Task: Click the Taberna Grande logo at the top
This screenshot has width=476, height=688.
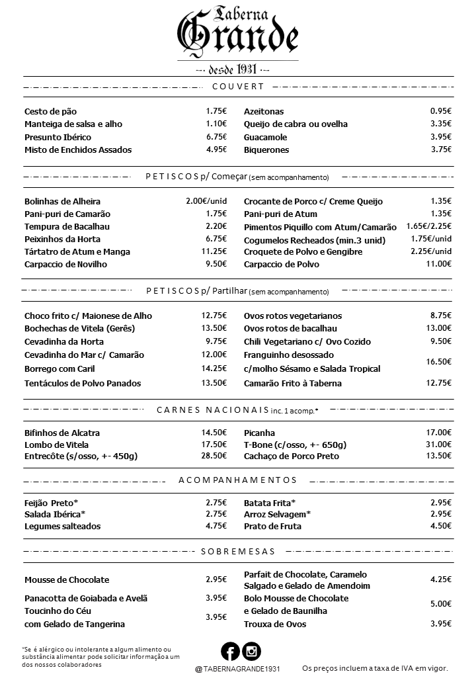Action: [x=238, y=33]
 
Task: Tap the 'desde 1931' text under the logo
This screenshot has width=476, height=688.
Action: [x=238, y=69]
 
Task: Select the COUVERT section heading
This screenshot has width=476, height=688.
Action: [x=238, y=87]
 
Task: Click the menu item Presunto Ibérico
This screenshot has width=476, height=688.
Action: [x=58, y=137]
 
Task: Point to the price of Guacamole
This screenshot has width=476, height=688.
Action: [x=440, y=137]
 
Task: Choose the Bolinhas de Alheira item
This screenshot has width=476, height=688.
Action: [x=62, y=201]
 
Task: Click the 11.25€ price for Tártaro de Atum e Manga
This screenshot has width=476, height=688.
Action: [x=214, y=251]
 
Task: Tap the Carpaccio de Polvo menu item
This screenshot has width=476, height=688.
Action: [x=282, y=264]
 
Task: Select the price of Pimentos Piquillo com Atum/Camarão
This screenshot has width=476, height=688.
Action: [x=428, y=226]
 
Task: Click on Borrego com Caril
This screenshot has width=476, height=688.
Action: [x=59, y=368]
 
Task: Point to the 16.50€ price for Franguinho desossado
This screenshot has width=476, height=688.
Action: [x=439, y=362]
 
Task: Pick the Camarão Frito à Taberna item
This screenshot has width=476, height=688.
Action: [x=293, y=383]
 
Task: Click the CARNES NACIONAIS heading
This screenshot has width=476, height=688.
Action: [x=212, y=410]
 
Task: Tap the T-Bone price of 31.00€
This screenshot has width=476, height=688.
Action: [x=439, y=445]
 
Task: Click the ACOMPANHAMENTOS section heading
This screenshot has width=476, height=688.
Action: [x=238, y=480]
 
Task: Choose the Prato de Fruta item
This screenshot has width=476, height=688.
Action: [x=272, y=526]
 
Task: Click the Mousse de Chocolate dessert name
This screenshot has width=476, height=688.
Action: [x=67, y=580]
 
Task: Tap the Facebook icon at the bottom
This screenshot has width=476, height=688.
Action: [x=230, y=652]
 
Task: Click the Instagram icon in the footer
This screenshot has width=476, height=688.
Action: [x=252, y=652]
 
